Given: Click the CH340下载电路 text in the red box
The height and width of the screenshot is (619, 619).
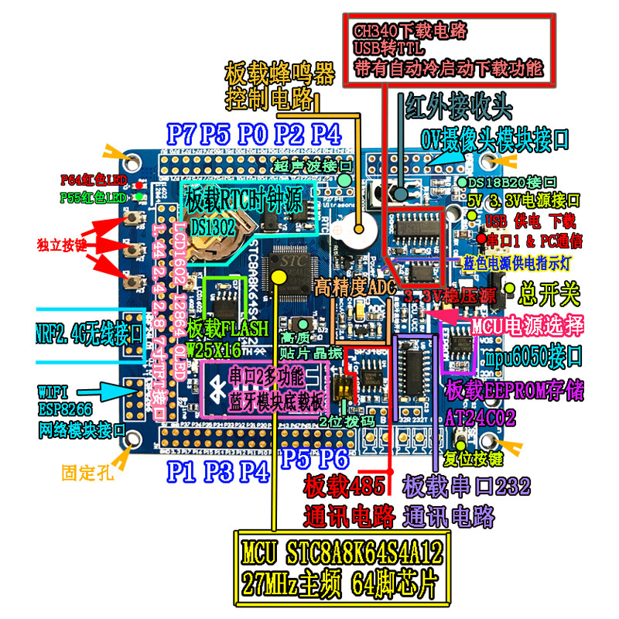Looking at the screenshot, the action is click(411, 31).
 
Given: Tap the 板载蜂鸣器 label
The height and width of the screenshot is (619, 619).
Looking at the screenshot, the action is click(279, 75).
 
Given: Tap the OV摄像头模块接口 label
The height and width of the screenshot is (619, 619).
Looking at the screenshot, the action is click(495, 139).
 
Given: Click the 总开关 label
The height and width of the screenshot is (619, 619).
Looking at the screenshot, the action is click(550, 293).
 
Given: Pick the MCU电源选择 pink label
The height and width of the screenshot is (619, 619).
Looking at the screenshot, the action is click(526, 324).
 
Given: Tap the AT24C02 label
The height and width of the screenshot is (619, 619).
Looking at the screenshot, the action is click(480, 419).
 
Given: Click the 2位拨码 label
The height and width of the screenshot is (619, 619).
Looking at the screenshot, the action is click(346, 422).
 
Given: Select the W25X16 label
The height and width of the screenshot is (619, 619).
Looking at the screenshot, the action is click(214, 349).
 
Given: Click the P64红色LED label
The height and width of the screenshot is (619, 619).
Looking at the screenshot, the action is click(92, 180).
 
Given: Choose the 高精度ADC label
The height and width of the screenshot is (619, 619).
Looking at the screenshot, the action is click(354, 286).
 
